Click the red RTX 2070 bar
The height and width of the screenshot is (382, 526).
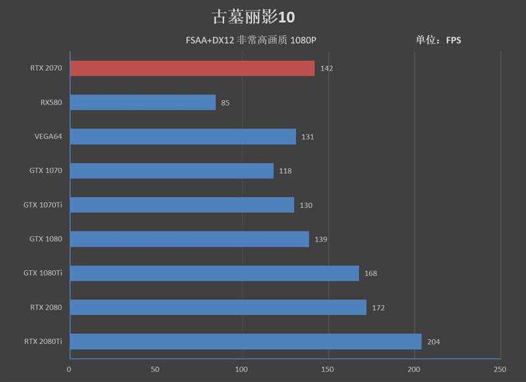coord(192,68)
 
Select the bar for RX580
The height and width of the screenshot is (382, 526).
coord(142,102)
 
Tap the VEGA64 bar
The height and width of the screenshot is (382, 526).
coord(183,137)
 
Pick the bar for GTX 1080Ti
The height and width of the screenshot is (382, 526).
coord(214,273)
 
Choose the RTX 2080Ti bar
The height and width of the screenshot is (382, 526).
coord(245,341)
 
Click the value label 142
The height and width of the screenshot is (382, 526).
coord(327,68)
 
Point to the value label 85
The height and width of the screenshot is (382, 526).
coord(226,102)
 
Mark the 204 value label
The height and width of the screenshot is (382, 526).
coord(433,341)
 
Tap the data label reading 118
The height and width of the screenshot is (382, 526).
coord(285,171)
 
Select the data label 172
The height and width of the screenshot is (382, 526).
coord(378,307)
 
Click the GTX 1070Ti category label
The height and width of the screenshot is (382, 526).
coord(43,205)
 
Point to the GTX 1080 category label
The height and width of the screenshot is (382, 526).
coord(45,239)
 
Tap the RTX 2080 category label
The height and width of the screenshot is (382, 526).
coord(46,307)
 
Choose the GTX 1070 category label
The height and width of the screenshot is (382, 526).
coord(45,171)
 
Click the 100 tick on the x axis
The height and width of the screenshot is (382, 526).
coord(243,370)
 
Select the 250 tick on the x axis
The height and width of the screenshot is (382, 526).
coord(500,370)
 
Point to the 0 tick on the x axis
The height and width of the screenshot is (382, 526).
coord(69,370)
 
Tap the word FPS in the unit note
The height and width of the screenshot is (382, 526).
coord(454,40)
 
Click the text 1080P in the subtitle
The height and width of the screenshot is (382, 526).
coord(304,41)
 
